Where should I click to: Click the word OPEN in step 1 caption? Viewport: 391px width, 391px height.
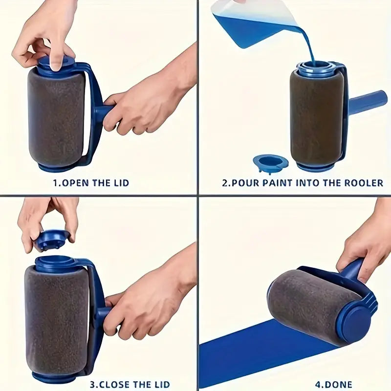click(75, 183)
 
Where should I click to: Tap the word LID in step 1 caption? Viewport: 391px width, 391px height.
click(121, 183)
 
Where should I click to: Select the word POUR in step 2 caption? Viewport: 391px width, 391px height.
click(245, 183)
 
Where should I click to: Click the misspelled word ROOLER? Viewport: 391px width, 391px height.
click(363, 183)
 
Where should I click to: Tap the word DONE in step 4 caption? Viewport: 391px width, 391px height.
click(337, 384)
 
